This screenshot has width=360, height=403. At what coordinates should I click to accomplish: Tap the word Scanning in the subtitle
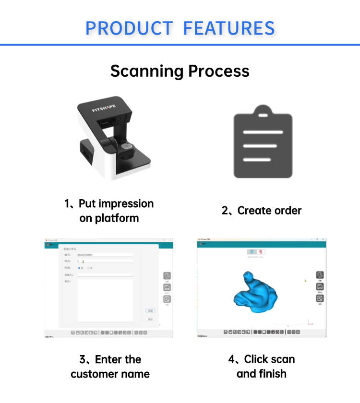tap(147, 71)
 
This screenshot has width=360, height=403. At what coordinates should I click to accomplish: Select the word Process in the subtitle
tap(218, 71)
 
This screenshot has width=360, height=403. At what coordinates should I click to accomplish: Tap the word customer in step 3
tap(94, 374)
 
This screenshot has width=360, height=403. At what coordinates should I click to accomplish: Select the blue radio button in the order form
tap(79, 268)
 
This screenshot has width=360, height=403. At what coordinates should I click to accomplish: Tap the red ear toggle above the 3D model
tap(262, 252)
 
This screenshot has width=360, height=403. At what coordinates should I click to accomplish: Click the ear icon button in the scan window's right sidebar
tap(320, 275)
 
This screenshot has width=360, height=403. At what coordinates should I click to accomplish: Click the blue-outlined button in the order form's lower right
tap(150, 310)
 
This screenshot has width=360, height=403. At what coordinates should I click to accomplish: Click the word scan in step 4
tap(282, 359)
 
